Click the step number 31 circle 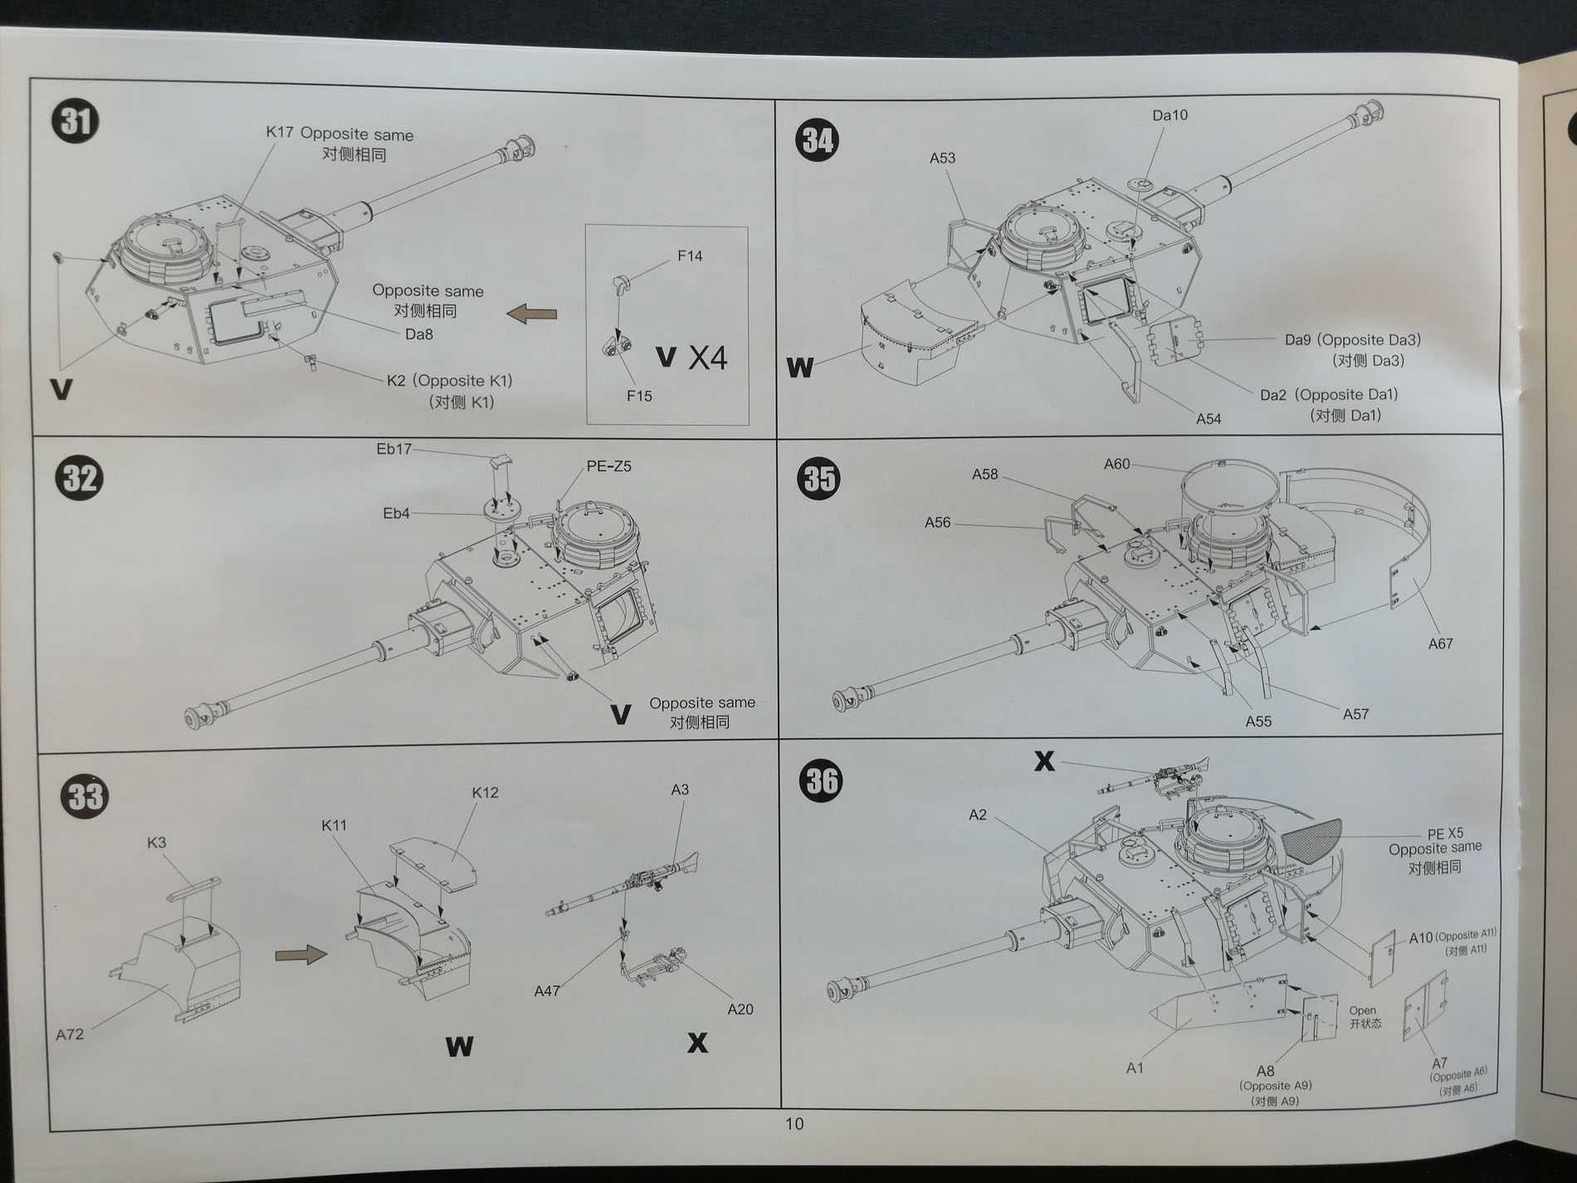[x=76, y=122]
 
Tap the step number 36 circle [x=822, y=781]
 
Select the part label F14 [x=690, y=256]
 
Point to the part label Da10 [x=1169, y=115]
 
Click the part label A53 [x=942, y=158]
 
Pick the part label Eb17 [x=393, y=449]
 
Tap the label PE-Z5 [x=608, y=466]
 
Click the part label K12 [x=485, y=792]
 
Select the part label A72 [x=70, y=1034]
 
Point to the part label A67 [x=1440, y=643]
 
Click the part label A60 [x=1116, y=464]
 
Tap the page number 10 [x=794, y=1123]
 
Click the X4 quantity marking [x=708, y=358]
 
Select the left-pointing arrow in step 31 [x=531, y=314]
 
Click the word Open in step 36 [x=1362, y=1010]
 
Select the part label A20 [x=740, y=1009]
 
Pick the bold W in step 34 [x=799, y=367]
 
